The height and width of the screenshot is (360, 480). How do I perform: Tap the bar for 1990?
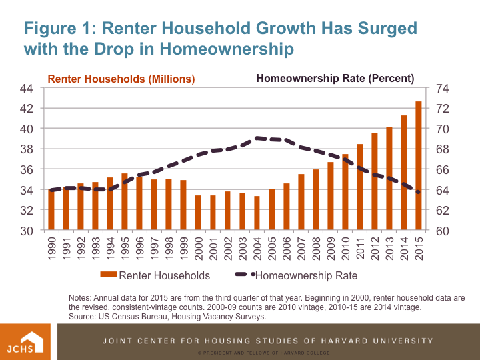pos(51,210)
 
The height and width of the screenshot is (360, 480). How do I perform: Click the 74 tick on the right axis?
pos(442,88)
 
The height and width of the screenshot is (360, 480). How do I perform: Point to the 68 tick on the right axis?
pos(442,149)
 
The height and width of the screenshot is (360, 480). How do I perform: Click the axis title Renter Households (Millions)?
pos(121,79)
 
